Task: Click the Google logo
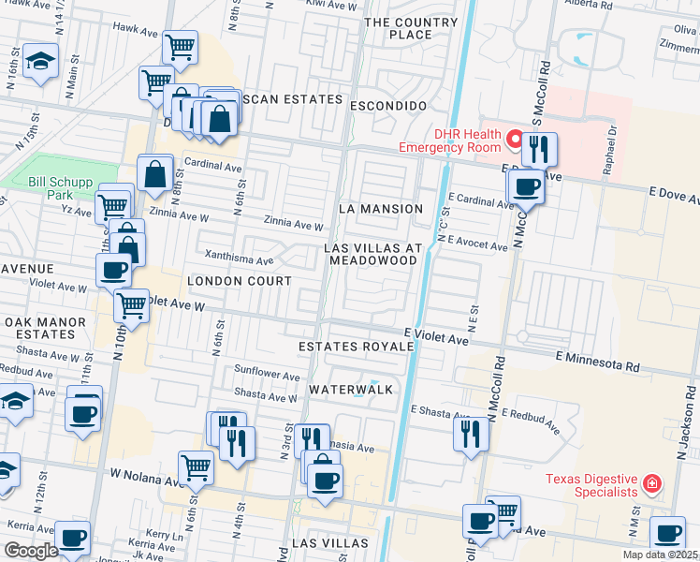[31, 551]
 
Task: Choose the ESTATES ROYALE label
[356, 347]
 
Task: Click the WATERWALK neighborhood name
[350, 388]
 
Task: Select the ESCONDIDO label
[388, 106]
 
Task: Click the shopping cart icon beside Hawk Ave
[180, 46]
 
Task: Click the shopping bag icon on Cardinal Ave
[154, 173]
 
